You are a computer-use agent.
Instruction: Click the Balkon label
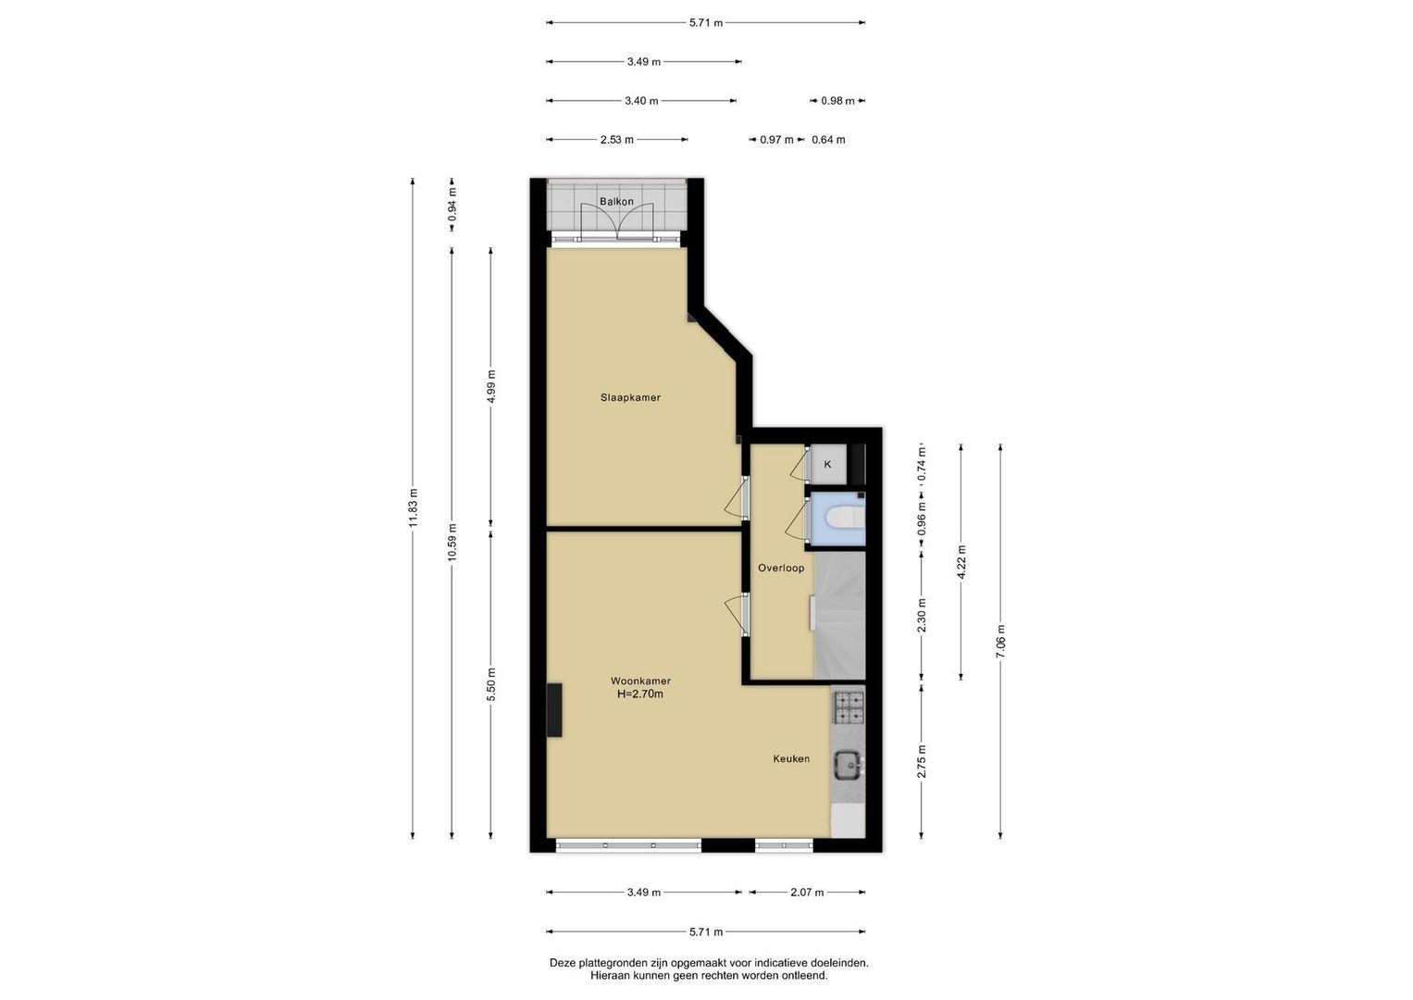[x=616, y=202]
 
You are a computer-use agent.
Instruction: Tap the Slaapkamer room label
[x=630, y=398]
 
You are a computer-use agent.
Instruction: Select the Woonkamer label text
[x=640, y=681]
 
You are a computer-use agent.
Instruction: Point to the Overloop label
[x=781, y=569]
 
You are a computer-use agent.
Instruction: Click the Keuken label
[x=791, y=759]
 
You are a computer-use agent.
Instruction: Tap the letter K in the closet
[x=827, y=465]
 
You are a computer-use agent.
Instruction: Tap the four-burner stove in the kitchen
[x=849, y=707]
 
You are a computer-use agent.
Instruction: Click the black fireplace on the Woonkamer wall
[x=554, y=709]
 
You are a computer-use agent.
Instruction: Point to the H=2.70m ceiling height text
[x=640, y=694]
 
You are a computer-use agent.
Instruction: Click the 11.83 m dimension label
[x=413, y=508]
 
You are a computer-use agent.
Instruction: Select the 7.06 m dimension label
[x=1000, y=642]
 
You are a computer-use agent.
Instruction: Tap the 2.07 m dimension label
[x=807, y=893]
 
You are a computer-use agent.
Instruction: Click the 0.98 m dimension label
[x=837, y=101]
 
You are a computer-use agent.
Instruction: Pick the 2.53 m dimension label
[x=617, y=140]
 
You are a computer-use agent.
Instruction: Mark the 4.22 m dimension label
[x=961, y=562]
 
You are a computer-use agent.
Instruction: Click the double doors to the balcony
[x=616, y=223]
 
